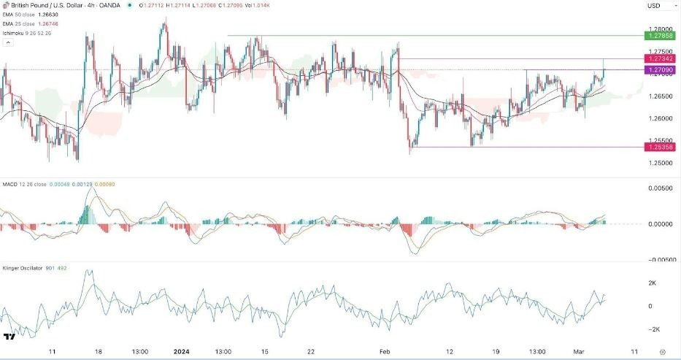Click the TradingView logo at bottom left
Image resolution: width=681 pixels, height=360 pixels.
(x=10, y=337)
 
